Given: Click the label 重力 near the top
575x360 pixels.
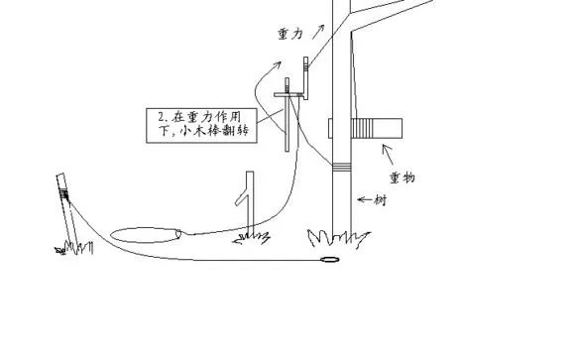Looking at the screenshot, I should [x=290, y=33].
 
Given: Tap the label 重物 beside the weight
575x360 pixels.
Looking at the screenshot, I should [x=403, y=178].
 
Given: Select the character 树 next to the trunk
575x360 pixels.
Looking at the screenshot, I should [x=380, y=199].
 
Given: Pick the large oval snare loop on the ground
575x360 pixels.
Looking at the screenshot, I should [x=143, y=235].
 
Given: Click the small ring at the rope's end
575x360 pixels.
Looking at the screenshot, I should [x=329, y=262].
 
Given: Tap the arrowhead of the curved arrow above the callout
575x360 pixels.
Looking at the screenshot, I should [x=279, y=63].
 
